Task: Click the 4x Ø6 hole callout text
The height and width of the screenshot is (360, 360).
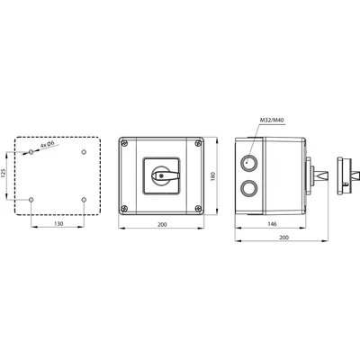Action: [49, 143]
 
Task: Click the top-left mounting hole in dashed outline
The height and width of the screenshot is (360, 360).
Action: [31, 152]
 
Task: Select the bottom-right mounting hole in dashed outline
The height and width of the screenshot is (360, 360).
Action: [83, 200]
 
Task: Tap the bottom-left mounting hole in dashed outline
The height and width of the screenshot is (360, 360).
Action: [31, 200]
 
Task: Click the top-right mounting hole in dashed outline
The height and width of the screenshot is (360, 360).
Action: [83, 152]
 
